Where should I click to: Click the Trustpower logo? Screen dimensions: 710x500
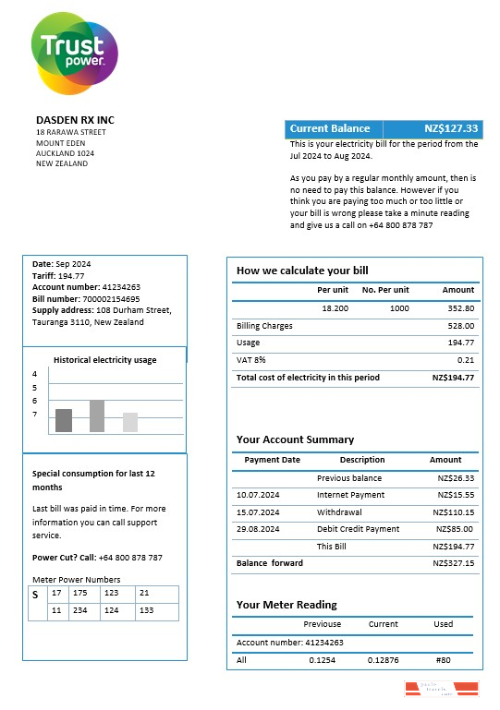coord(74,52)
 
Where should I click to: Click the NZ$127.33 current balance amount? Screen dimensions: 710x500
coord(451,129)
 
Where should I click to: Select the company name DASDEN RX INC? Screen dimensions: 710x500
coord(75,120)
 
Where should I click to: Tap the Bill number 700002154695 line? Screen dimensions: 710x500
coord(86,299)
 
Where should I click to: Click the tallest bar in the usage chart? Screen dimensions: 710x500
coord(97,416)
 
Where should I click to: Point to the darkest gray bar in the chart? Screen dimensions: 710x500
coord(64,420)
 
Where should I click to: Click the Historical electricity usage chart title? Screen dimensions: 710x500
coord(104,360)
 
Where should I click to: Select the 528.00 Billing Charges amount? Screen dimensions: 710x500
coord(460,326)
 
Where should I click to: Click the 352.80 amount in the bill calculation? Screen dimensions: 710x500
coord(460,308)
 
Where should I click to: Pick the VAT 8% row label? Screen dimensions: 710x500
coord(251,360)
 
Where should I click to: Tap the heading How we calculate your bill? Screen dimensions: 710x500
coord(302,271)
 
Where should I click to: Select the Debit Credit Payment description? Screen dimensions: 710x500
coord(358,529)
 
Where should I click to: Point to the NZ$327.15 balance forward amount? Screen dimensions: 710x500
coord(455,563)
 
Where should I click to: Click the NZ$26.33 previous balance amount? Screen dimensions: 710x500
coord(456,478)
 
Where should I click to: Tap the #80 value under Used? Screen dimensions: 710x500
coord(443,660)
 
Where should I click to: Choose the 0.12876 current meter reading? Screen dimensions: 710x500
coord(383,660)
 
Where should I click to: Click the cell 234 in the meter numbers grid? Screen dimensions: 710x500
coord(80,610)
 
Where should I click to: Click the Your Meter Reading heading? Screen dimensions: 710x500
coord(287,605)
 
